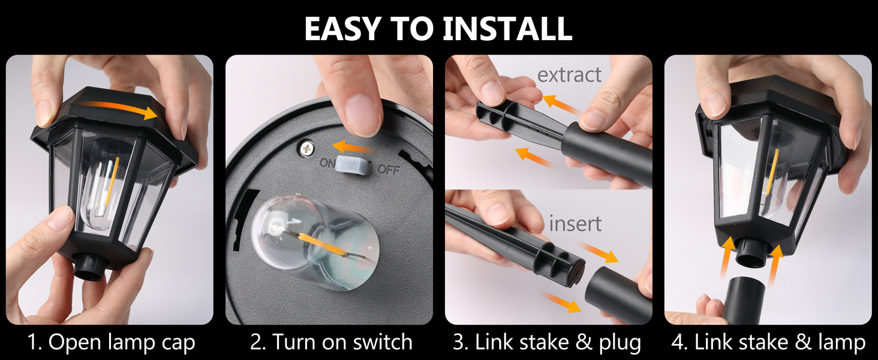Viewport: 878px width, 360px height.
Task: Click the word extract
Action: [569, 75]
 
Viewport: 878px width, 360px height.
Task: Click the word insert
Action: [575, 224]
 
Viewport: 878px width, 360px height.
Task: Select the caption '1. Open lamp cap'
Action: [112, 343]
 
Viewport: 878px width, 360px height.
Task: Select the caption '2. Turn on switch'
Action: [331, 343]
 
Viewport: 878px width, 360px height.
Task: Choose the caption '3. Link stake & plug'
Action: [547, 343]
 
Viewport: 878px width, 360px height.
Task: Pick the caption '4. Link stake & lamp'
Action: [768, 343]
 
